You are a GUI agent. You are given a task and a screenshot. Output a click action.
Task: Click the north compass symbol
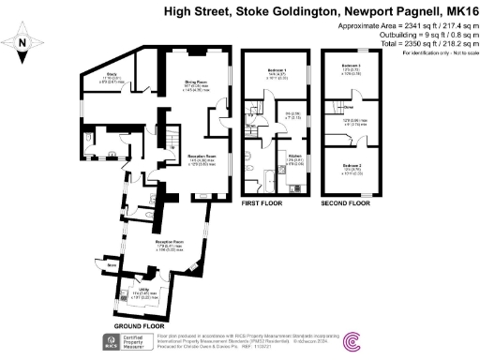pyautogui.click(x=22, y=42)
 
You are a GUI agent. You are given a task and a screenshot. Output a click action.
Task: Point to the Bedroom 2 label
pyautogui.click(x=352, y=166)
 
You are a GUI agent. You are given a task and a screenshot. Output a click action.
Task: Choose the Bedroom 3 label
pyautogui.click(x=352, y=66)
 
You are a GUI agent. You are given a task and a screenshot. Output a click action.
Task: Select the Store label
pyautogui.click(x=112, y=265)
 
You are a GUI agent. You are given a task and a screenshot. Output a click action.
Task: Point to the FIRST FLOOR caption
pyautogui.click(x=263, y=202)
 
